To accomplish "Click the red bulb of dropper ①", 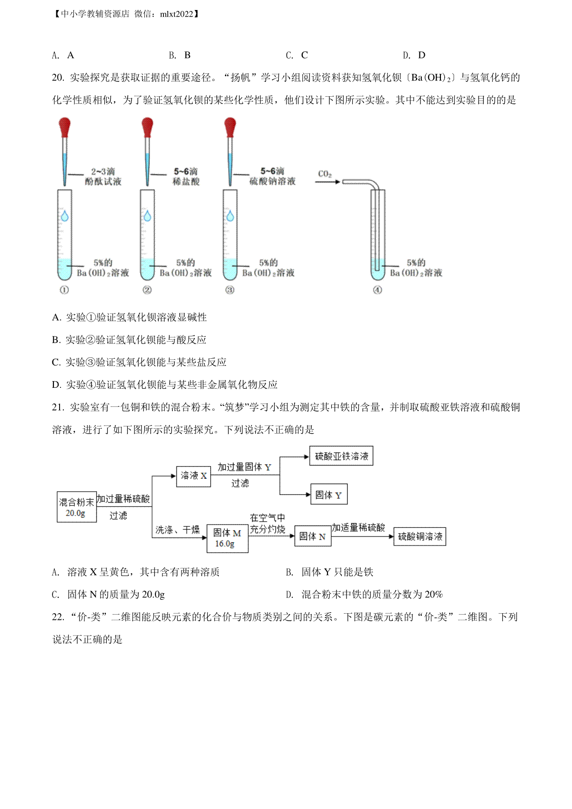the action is pos(65,127).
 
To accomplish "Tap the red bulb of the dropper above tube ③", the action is pos(230,127).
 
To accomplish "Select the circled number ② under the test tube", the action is pos(147,290).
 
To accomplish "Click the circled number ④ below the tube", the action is pos(377,290).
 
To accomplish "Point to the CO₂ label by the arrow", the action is pos(325,174).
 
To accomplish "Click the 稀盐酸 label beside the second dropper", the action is pos(186,182).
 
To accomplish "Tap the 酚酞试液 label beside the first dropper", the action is pos(103,182).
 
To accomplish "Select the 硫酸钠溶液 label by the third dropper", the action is pos(273,181).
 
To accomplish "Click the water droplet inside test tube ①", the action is pos(65,216).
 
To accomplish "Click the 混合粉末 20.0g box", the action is pos(77,507).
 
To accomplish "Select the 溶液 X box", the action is pos(194,476).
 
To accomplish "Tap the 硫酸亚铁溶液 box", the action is pos(341,456).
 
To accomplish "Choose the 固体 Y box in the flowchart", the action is pos(329,494).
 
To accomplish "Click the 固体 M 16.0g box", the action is pos(227,538).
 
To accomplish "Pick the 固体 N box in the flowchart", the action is pos(313,536).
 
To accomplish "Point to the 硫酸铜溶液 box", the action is pos(420,536).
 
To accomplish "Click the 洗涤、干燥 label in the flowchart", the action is pos(177,530).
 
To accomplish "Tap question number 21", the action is pos(58,407).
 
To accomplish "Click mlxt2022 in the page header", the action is pos(177,14).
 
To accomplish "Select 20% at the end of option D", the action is pos(434,594).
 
